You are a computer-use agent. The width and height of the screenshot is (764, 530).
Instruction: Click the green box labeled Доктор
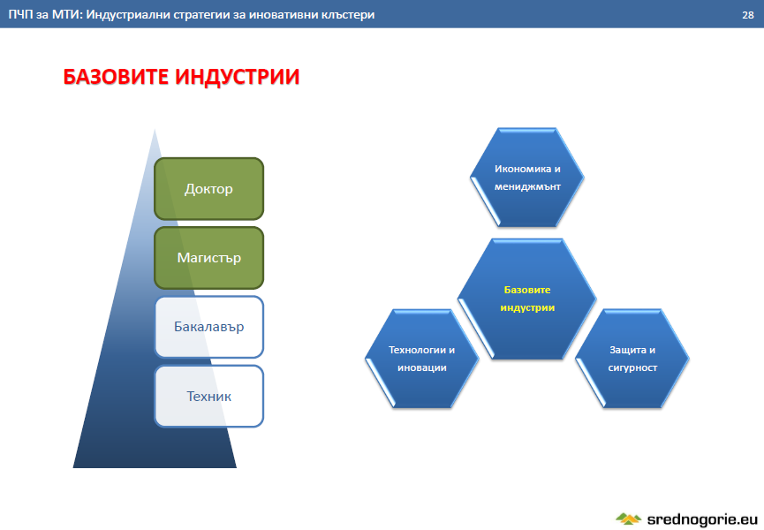click(x=209, y=188)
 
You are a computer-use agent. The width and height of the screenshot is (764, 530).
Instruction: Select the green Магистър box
click(x=209, y=258)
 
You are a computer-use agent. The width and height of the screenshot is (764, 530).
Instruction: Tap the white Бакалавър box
click(x=209, y=327)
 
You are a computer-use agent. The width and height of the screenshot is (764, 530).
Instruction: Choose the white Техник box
click(x=209, y=396)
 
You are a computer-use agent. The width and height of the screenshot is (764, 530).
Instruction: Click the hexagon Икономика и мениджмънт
click(x=527, y=178)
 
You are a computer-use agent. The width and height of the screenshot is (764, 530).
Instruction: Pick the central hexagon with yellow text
click(x=527, y=299)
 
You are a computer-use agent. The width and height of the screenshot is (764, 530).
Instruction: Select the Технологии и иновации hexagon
click(x=422, y=359)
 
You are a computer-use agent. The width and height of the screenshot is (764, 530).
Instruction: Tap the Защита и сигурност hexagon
click(x=632, y=359)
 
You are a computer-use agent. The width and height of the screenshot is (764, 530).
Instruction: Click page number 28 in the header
click(x=748, y=15)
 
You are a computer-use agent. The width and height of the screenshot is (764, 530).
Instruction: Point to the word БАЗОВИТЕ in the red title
click(x=116, y=77)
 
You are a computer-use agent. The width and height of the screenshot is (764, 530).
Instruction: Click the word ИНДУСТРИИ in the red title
click(x=238, y=77)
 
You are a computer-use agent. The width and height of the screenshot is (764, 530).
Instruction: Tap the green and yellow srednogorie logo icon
click(x=629, y=519)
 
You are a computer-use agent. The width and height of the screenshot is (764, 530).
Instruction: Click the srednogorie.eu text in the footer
click(x=702, y=519)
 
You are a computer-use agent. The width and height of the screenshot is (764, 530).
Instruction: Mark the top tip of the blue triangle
click(x=155, y=129)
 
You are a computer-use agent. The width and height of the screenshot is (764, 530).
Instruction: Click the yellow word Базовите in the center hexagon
click(x=527, y=290)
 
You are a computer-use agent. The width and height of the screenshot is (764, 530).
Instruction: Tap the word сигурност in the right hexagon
click(x=632, y=367)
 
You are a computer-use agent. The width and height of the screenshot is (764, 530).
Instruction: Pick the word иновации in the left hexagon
click(x=422, y=367)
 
